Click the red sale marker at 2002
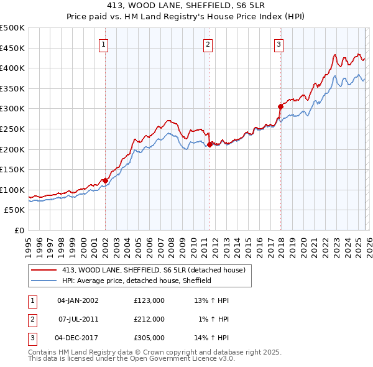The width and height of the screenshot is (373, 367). [x=105, y=180]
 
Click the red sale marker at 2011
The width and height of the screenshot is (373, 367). [x=210, y=144]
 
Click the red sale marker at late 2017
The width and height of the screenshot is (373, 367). [x=280, y=106]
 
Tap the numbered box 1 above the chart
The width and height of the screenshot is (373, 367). [x=103, y=44]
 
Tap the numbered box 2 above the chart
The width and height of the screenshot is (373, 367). [x=207, y=44]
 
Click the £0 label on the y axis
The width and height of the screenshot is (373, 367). [x=20, y=230]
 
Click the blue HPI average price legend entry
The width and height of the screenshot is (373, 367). [x=137, y=281]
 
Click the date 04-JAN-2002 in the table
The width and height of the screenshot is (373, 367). [x=78, y=300]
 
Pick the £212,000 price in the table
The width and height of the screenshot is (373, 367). [x=149, y=319]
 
